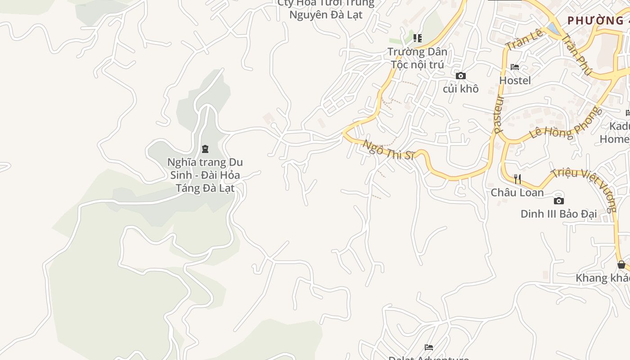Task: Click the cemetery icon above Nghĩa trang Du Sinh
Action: tap(205, 149)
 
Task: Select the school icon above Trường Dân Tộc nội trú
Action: tap(418, 38)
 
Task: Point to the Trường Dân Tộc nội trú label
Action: tap(418, 58)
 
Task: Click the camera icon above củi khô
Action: tap(460, 76)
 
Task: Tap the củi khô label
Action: tap(460, 89)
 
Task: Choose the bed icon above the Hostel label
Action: tap(515, 67)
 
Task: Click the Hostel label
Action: tap(515, 81)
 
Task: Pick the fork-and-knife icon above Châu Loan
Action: tap(517, 179)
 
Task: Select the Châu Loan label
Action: tap(517, 193)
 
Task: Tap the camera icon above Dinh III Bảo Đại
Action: tap(558, 201)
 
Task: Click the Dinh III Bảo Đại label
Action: tap(558, 214)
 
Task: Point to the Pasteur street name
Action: tap(498, 114)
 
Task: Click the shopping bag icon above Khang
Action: tap(621, 265)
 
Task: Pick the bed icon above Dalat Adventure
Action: tap(429, 347)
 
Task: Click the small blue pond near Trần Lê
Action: tap(551, 29)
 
